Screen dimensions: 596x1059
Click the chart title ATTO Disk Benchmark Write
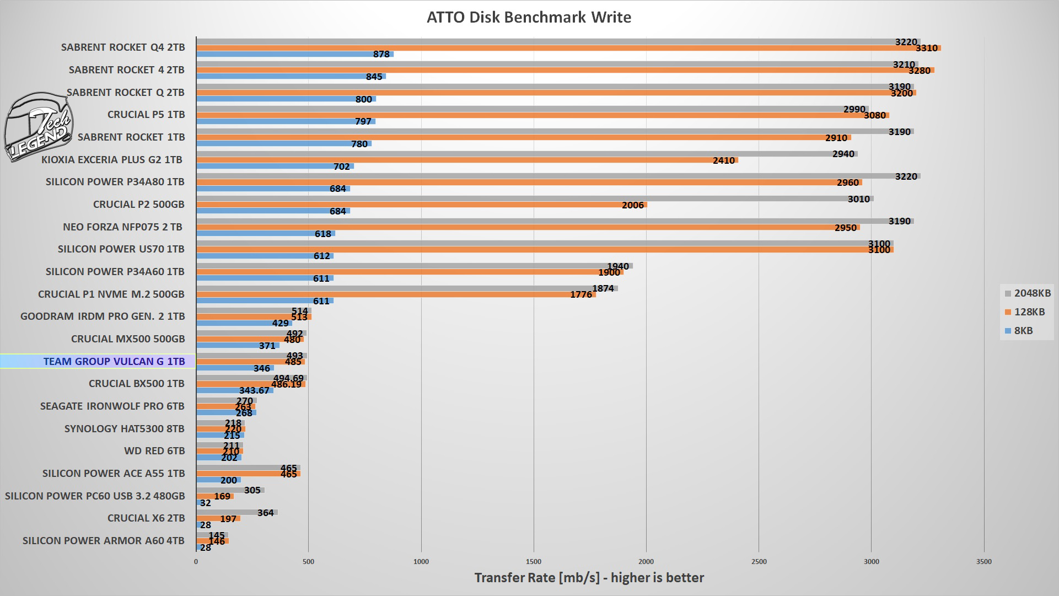(x=529, y=17)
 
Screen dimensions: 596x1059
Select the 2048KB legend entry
(x=1027, y=293)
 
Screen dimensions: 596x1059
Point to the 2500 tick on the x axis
(x=759, y=562)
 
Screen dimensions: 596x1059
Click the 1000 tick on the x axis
(x=421, y=562)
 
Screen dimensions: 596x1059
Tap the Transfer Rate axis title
(x=589, y=578)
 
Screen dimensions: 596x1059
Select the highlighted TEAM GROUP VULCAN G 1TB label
(x=114, y=362)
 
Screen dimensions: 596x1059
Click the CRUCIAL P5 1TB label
(x=146, y=115)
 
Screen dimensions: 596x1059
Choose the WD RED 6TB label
(x=154, y=451)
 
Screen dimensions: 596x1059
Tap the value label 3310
(x=926, y=49)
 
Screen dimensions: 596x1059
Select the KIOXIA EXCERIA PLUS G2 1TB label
(x=111, y=160)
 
